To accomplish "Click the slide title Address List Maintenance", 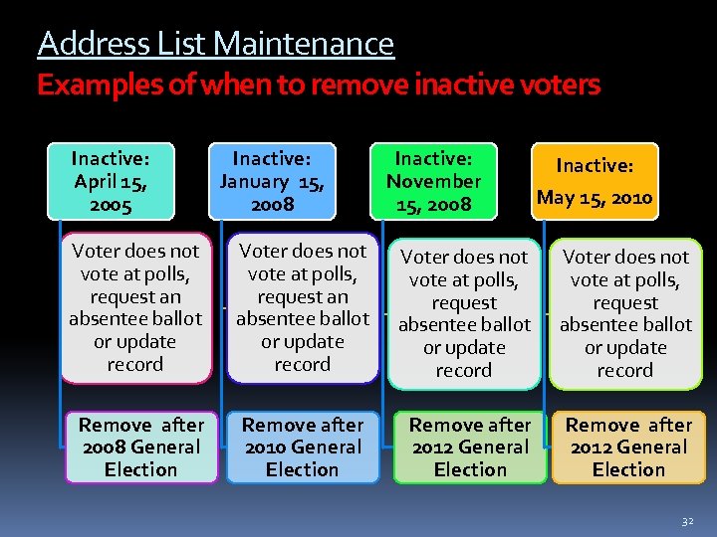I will pyautogui.click(x=215, y=44).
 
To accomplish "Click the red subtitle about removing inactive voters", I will pyautogui.click(x=319, y=86).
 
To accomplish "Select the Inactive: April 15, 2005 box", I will pyautogui.click(x=111, y=182).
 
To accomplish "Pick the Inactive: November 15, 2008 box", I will pyautogui.click(x=433, y=182).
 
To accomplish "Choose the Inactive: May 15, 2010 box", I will pyautogui.click(x=594, y=182).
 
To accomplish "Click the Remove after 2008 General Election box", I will pyautogui.click(x=140, y=447).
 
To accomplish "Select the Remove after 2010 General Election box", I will pyautogui.click(x=302, y=447).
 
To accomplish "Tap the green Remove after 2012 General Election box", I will pyautogui.click(x=470, y=447).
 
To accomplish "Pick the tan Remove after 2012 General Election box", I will pyautogui.click(x=627, y=447).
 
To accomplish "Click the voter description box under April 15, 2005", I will pyautogui.click(x=135, y=308).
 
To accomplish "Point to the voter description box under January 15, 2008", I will pyautogui.click(x=302, y=308).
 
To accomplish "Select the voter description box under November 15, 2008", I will pyautogui.click(x=464, y=313).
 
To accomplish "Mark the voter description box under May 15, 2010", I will pyautogui.click(x=625, y=313).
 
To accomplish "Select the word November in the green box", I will pyautogui.click(x=433, y=181).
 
